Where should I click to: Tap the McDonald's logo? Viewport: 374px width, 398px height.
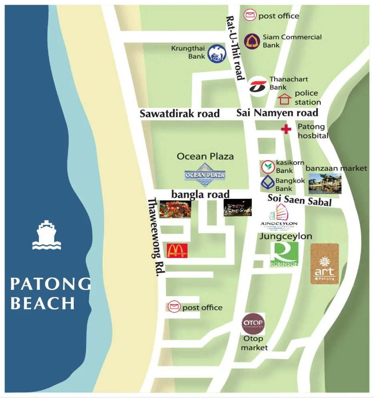coord(177,251)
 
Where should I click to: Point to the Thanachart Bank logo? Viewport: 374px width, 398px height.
coord(257,86)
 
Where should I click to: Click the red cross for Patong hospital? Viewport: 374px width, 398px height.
coord(285,129)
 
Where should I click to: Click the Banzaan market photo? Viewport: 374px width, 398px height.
coord(325,184)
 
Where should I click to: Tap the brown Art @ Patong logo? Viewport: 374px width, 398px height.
coord(324,264)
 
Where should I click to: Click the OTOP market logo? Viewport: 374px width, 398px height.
coord(253,324)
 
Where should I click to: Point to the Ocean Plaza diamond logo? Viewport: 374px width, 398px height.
coord(205,175)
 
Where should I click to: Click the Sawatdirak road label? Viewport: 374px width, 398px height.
coord(180,113)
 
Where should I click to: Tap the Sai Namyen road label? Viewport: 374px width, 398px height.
coord(277,113)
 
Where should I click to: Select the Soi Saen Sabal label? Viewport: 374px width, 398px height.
coord(299,200)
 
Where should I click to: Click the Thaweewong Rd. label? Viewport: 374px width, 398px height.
coord(156,237)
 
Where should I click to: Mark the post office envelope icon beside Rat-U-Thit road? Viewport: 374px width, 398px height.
coord(250,15)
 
